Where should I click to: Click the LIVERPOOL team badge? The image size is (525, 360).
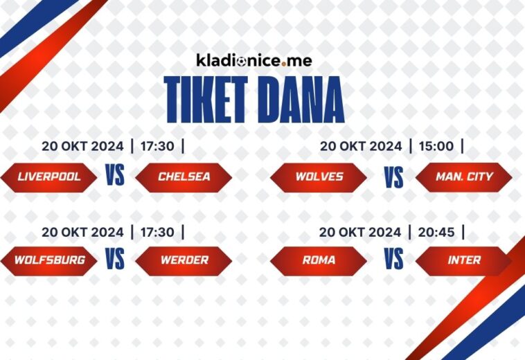(x=49, y=177)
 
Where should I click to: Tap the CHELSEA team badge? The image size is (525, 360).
(x=184, y=177)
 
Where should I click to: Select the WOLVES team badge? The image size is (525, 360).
(x=319, y=177)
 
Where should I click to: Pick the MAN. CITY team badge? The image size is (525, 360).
(x=464, y=177)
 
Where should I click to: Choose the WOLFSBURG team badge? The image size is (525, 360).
(x=49, y=260)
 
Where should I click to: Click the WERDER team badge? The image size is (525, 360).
(x=184, y=260)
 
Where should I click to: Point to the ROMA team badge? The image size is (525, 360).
(x=319, y=260)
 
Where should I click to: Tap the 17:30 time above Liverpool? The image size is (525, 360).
(x=158, y=146)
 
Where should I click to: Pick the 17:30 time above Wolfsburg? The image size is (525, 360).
(x=158, y=232)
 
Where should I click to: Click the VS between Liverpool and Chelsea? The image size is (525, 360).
(x=115, y=176)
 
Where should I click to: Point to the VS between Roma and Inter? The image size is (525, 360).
(x=393, y=260)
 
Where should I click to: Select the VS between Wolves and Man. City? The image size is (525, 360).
(x=393, y=177)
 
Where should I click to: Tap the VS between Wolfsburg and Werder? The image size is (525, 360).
(x=115, y=260)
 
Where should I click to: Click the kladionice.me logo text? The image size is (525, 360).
(x=253, y=60)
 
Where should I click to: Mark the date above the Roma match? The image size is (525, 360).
(x=360, y=232)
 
